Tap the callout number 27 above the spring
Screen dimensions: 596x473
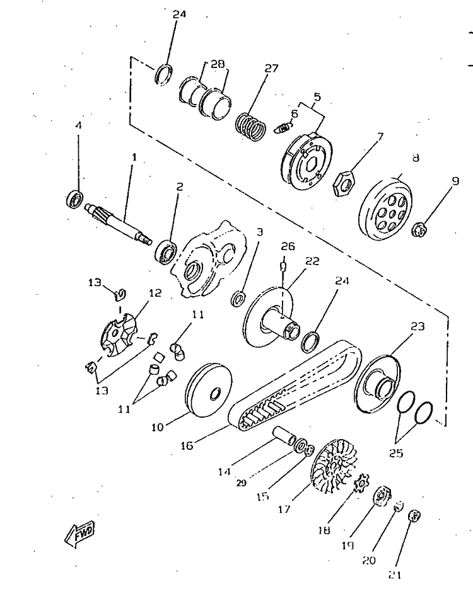coord(271,69)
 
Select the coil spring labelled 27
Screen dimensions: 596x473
coord(250,123)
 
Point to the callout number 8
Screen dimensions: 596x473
coord(415,159)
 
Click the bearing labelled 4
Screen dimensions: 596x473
coord(76,198)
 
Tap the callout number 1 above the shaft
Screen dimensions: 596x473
coord(133,156)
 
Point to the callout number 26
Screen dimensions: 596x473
coord(288,246)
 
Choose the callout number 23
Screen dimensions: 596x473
coord(418,326)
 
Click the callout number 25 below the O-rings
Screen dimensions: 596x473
coord(395,453)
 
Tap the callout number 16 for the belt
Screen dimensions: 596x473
coord(187,445)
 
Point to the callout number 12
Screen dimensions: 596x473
coord(155,293)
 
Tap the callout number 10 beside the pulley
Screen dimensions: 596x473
coord(158,427)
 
